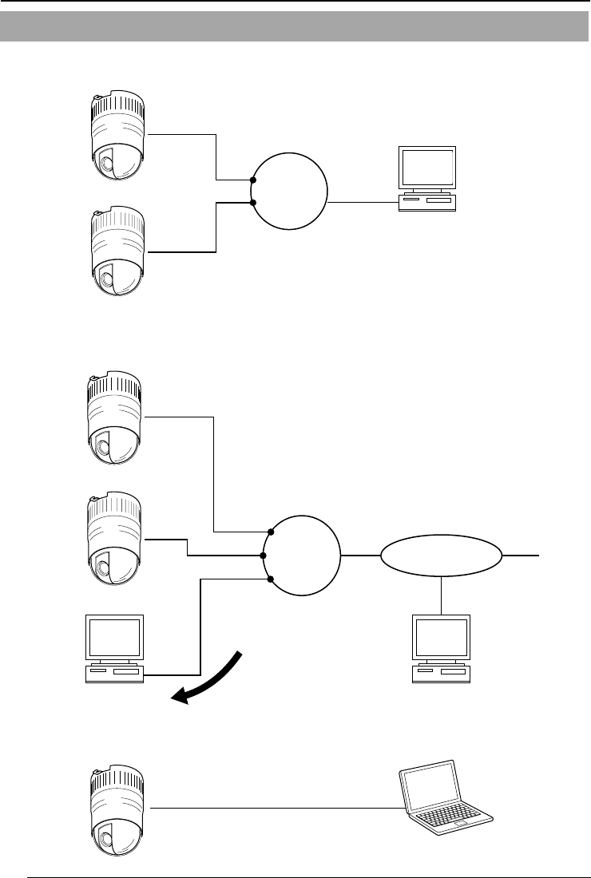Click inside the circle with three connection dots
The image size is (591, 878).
[302, 555]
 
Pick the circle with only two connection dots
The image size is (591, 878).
[289, 192]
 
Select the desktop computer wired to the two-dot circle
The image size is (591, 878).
[427, 177]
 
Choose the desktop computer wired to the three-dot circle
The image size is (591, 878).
[115, 647]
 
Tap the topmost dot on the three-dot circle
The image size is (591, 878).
[272, 531]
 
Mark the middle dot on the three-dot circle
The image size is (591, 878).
[264, 555]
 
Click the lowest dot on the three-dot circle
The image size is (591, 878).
[272, 579]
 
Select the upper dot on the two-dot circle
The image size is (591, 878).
[253, 181]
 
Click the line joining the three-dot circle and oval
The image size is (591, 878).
[359, 555]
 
